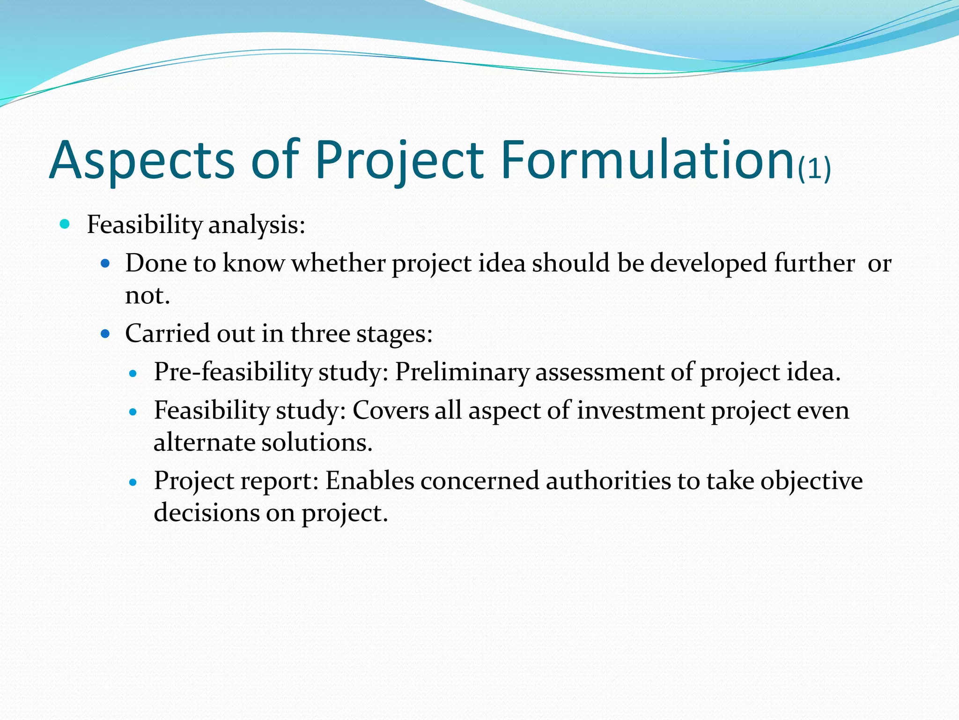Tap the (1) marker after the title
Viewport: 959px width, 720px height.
[x=814, y=169]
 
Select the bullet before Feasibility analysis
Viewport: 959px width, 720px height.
[x=65, y=224]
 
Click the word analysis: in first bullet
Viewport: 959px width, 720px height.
[x=257, y=225]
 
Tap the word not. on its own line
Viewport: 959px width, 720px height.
[x=147, y=295]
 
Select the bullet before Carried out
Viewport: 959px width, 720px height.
[x=105, y=334]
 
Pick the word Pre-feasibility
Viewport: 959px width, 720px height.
[x=233, y=372]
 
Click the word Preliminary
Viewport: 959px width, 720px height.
[x=462, y=372]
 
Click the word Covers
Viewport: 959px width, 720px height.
[x=390, y=411]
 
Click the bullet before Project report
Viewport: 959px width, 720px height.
[x=133, y=482]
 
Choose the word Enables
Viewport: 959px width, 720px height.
[x=370, y=481]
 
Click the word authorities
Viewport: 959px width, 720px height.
[x=608, y=481]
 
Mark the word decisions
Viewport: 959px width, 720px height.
[x=207, y=513]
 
